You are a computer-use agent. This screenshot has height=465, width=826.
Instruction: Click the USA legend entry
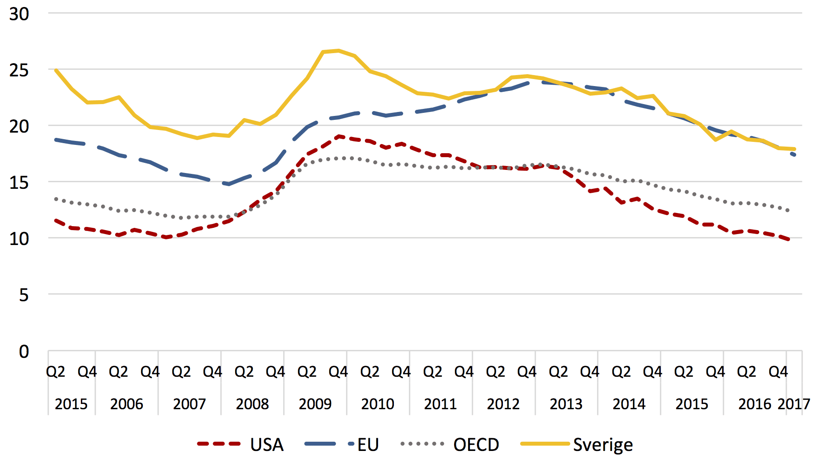240,444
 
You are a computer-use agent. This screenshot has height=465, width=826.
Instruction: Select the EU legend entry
342,444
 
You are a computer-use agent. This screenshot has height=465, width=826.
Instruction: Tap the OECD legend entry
450,444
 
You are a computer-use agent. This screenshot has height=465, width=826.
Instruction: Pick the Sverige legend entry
577,445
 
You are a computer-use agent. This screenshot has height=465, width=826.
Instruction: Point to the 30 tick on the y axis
19,14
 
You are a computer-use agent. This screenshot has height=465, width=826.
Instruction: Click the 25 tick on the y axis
19,70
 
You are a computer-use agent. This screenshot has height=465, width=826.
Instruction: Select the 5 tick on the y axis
24,295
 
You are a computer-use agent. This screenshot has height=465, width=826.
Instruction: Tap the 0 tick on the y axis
24,351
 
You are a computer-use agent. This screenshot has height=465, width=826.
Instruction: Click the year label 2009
315,404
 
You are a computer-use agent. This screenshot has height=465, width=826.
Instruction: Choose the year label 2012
503,404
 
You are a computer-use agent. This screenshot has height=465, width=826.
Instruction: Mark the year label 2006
127,404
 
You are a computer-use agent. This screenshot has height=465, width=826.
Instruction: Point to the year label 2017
794,404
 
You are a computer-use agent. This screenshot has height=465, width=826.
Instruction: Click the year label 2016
755,404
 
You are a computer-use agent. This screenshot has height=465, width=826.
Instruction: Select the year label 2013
566,404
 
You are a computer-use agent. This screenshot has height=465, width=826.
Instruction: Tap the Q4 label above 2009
338,372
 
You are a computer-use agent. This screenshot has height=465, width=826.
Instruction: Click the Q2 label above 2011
433,372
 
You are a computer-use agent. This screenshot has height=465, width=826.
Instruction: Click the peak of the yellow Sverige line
338,50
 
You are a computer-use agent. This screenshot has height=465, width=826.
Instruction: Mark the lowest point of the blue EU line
229,184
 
